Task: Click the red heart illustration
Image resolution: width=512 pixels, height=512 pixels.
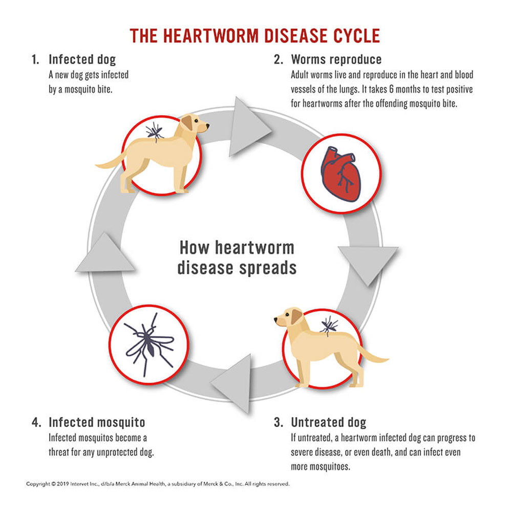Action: tap(340, 174)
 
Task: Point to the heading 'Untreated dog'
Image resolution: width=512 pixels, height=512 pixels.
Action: tap(329, 422)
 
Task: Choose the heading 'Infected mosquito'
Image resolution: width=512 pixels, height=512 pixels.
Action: tap(97, 422)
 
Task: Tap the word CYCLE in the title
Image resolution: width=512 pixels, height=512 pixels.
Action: tap(352, 36)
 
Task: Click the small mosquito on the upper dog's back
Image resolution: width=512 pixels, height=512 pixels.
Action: tap(155, 131)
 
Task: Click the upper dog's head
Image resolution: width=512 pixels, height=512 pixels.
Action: tap(197, 123)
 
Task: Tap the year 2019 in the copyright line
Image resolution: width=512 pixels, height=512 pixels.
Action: tap(63, 483)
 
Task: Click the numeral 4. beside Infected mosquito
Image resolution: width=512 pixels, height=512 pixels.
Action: tap(36, 422)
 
